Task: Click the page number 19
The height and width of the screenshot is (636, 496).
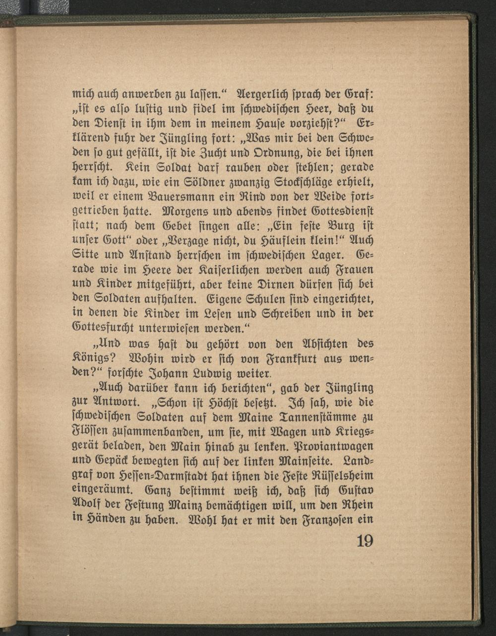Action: [x=365, y=541]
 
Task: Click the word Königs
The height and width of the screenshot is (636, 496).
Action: [x=87, y=358]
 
